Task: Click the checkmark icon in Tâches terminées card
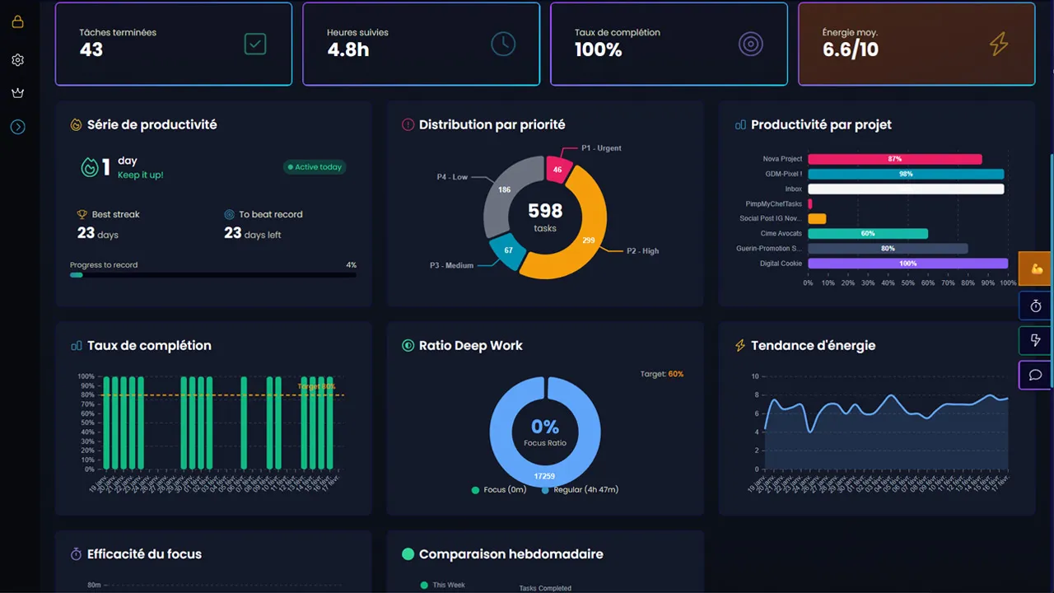[255, 44]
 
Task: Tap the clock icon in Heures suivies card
[503, 44]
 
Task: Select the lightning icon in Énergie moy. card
[999, 44]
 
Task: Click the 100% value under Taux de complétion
[598, 50]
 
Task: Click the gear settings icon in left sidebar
[17, 60]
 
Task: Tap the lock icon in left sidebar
[17, 22]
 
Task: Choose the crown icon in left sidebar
[17, 93]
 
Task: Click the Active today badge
[315, 167]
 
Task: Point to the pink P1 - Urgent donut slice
[557, 170]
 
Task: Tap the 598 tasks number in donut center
[545, 212]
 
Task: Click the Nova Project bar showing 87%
[894, 159]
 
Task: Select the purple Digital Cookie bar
[907, 264]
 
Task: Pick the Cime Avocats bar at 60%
[868, 234]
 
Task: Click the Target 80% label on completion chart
[316, 386]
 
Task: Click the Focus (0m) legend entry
[500, 489]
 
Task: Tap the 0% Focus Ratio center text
[545, 427]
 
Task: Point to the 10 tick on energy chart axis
[754, 376]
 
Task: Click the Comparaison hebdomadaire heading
[511, 554]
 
